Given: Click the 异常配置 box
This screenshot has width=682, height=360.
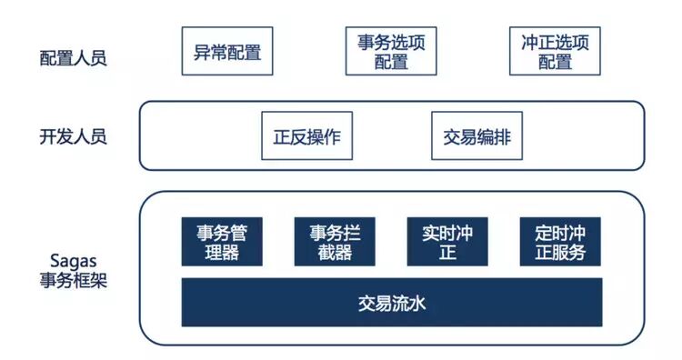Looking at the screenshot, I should tap(227, 52).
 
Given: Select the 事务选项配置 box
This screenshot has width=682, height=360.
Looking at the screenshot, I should tap(390, 52).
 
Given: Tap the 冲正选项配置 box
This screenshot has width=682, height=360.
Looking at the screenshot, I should tap(555, 52).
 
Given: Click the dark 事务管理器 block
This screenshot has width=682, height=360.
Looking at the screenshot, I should tap(222, 241).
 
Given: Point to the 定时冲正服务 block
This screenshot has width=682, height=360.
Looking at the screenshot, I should tap(560, 241).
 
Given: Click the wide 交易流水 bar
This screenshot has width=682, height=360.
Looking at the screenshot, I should tap(392, 302).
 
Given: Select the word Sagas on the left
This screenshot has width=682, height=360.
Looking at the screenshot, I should tap(74, 261).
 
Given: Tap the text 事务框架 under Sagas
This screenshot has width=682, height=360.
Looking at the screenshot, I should tap(74, 281).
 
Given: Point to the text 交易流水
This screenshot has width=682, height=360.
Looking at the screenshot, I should tap(392, 303).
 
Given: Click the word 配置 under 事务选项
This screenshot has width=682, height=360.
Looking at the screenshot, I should tap(390, 62).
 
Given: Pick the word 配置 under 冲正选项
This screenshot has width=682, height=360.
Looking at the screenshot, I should tap(555, 62).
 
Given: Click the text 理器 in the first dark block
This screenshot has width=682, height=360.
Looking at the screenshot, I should tap(222, 252).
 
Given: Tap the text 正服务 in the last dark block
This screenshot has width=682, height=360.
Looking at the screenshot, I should tap(560, 252).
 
